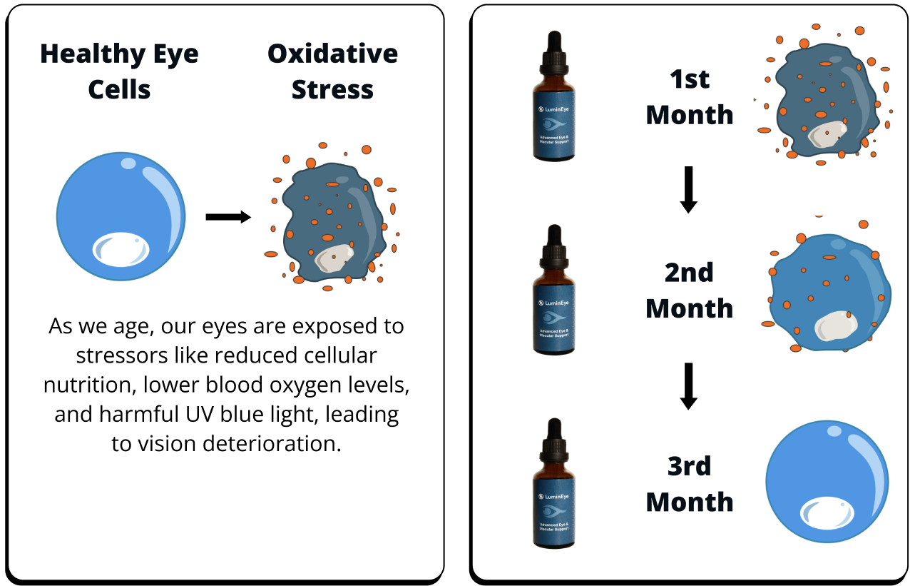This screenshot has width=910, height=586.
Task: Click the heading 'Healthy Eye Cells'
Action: click(x=119, y=71)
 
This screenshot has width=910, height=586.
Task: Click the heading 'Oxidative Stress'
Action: click(x=333, y=71)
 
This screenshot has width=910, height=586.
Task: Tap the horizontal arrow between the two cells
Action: click(x=228, y=217)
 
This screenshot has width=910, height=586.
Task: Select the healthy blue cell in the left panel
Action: click(x=121, y=216)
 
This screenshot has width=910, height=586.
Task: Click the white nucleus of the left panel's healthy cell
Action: click(x=121, y=249)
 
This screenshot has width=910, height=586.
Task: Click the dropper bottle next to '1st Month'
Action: click(x=554, y=96)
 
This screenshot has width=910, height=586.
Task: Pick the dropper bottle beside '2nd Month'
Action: click(x=554, y=290)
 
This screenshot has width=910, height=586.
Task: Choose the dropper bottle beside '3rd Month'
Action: click(x=554, y=483)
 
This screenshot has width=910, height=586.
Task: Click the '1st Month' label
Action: click(x=690, y=97)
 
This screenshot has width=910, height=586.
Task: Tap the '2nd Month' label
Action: click(x=690, y=291)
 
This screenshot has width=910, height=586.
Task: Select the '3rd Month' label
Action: click(x=690, y=484)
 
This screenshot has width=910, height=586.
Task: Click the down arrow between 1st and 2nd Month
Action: click(x=689, y=190)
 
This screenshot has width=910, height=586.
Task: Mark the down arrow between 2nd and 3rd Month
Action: click(x=689, y=386)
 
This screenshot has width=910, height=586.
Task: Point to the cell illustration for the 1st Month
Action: click(x=824, y=96)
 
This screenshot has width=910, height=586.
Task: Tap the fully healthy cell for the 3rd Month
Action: click(x=827, y=482)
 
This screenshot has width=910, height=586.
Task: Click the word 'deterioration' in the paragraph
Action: click(x=272, y=443)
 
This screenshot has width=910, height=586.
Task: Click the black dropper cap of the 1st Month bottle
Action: click(x=554, y=53)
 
